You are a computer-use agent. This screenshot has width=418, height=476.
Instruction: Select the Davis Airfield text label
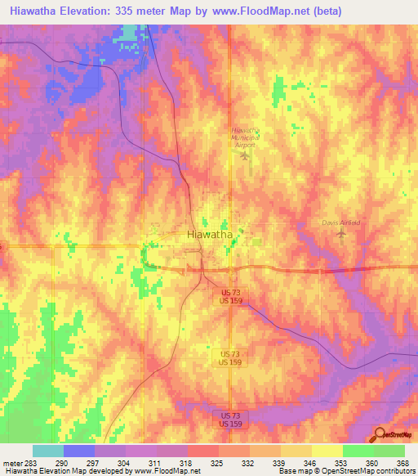click(x=340, y=222)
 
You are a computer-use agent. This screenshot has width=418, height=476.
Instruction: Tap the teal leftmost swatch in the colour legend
click(x=48, y=451)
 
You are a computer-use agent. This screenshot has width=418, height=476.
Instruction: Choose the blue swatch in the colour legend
click(x=79, y=451)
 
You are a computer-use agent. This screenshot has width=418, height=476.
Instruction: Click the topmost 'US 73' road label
click(x=230, y=292)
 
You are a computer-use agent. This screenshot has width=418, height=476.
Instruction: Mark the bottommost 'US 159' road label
click(x=230, y=423)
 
